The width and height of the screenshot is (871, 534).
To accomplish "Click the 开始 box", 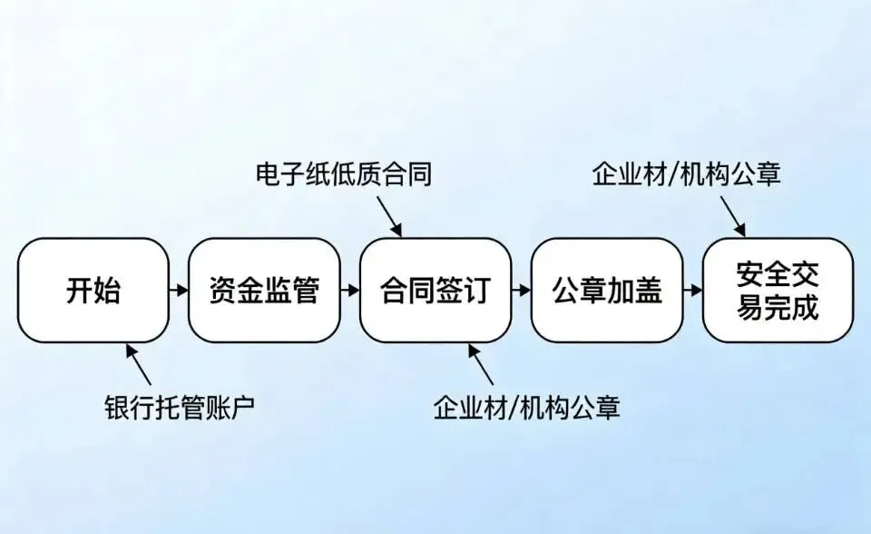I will pos(93,291).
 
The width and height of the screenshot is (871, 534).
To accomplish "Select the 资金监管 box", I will pos(264,291).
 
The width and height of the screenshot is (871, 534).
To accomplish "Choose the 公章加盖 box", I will pos(607,291).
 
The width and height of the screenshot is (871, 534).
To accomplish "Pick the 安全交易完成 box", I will pos(778,291).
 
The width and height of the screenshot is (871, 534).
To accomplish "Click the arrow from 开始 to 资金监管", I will pos(179,291).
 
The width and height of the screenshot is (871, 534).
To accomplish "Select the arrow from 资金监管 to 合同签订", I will pos(350,291).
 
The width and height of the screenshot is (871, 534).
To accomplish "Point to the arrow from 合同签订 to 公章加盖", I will pos(522,291).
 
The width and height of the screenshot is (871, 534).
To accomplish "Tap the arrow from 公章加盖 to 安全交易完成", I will pos(693,291).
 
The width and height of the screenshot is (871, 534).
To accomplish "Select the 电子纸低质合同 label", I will pos(342,174).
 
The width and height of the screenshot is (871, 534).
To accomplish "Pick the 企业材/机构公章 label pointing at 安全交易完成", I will pos(686,173).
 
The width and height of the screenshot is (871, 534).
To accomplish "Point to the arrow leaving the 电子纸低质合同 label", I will pos(388,215).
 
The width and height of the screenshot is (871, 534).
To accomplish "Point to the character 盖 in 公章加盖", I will pos(648,291).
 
